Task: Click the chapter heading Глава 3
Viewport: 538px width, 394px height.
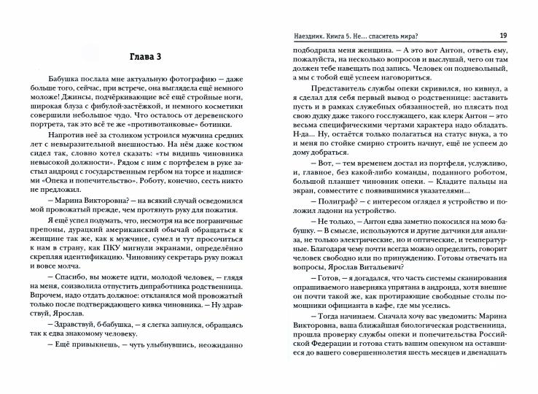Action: pos(135,57)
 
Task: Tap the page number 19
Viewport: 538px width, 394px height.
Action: pos(503,36)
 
